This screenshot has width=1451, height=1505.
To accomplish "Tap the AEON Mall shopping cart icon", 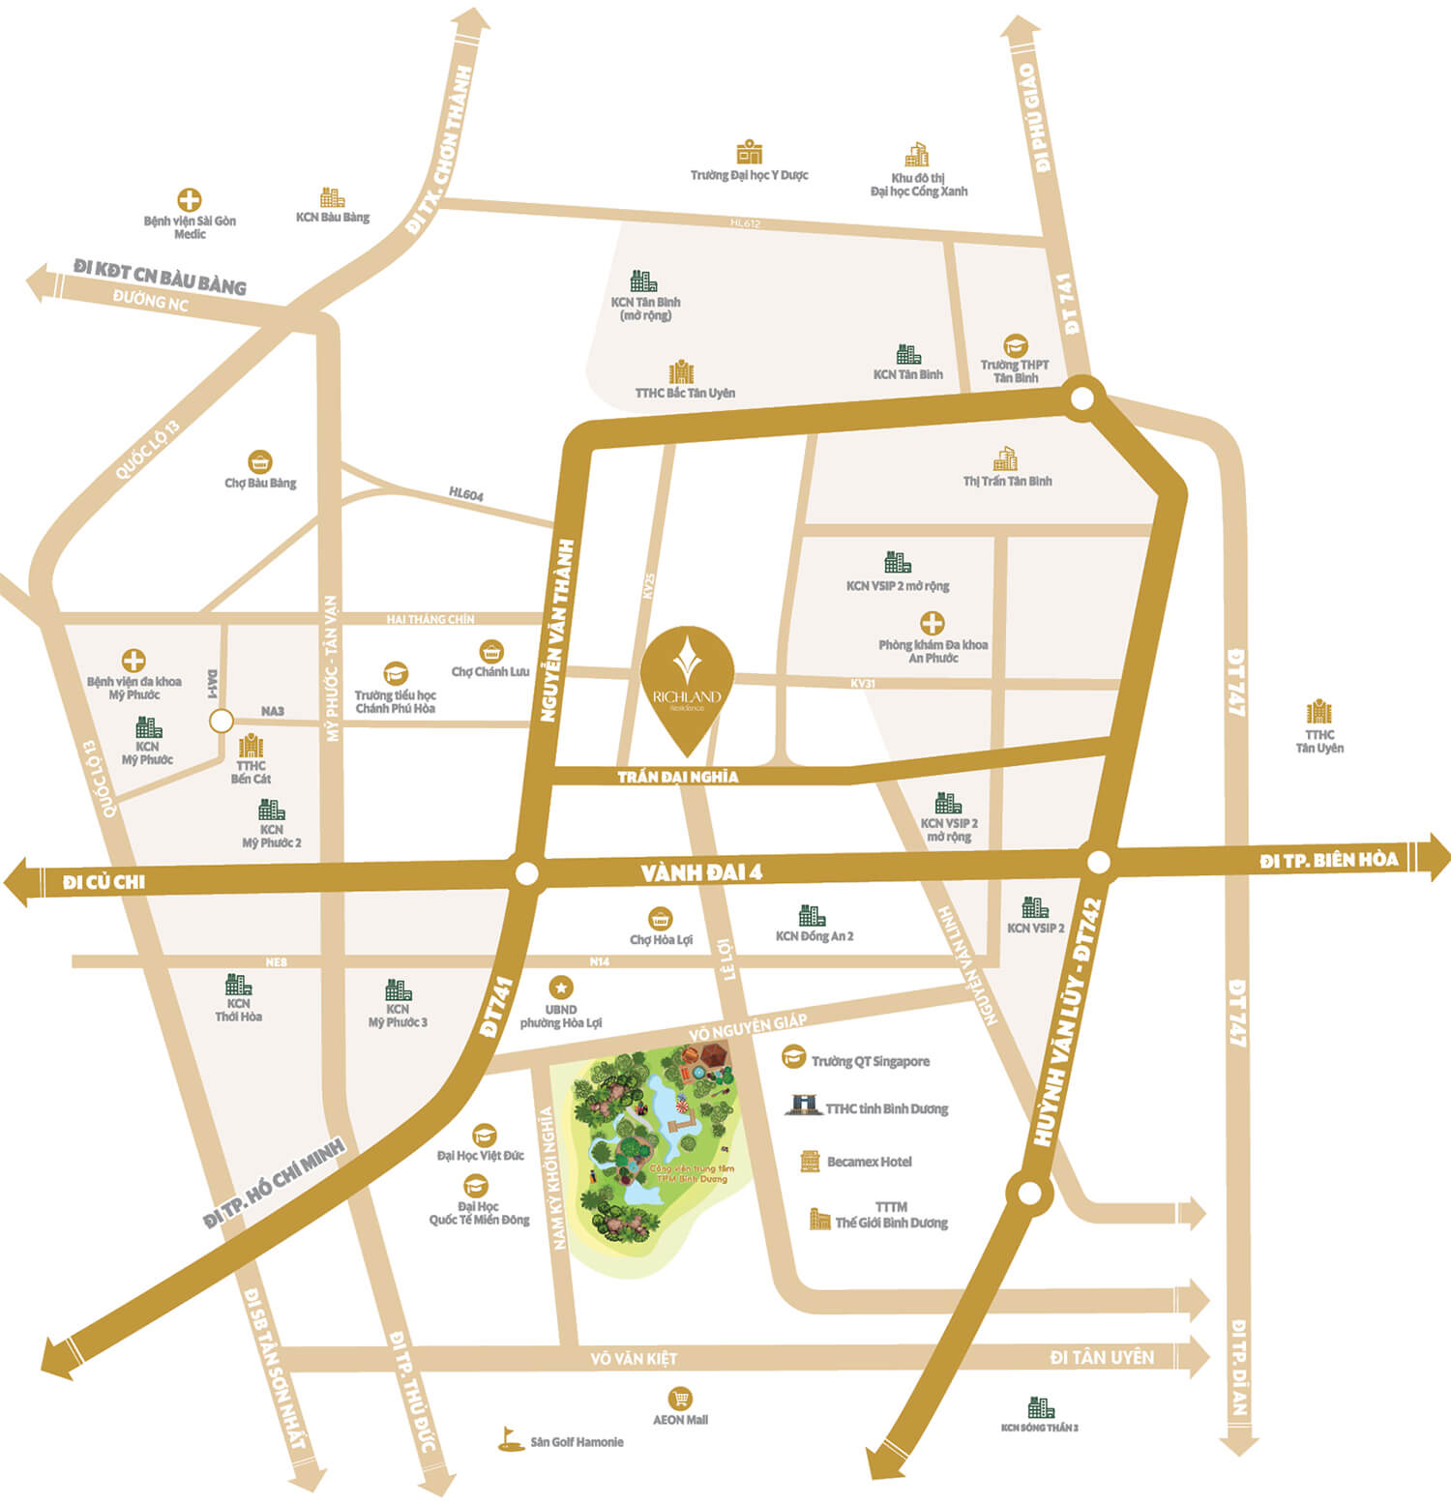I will [x=680, y=1399].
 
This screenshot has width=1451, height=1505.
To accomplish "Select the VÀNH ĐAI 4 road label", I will [x=701, y=872].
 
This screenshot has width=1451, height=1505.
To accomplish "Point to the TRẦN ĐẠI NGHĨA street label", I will [x=678, y=777].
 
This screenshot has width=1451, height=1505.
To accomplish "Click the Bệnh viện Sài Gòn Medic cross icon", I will [x=190, y=200].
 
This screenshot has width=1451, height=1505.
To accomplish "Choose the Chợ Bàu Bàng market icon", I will [x=259, y=461].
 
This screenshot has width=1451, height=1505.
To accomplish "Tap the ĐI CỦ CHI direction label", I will [x=104, y=882].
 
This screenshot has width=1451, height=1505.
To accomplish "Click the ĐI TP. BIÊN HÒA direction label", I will [x=1329, y=860].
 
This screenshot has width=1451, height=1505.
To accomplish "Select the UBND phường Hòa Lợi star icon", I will [x=561, y=988].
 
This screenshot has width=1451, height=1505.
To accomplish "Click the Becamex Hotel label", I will [x=869, y=1162].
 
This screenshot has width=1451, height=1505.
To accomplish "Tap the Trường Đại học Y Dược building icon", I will [x=750, y=152].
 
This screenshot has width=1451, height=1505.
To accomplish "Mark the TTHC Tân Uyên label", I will [x=1319, y=741].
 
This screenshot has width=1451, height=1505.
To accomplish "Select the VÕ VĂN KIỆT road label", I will [x=634, y=1359].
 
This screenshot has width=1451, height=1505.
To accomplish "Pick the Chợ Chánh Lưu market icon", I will [x=491, y=651].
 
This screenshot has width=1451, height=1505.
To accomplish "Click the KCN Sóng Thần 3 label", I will [x=1040, y=1428].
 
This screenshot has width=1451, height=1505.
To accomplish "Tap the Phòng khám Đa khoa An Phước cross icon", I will [x=933, y=623].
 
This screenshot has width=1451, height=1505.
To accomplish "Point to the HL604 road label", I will [x=466, y=494].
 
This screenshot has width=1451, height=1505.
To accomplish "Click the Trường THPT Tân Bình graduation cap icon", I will [x=1015, y=345].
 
